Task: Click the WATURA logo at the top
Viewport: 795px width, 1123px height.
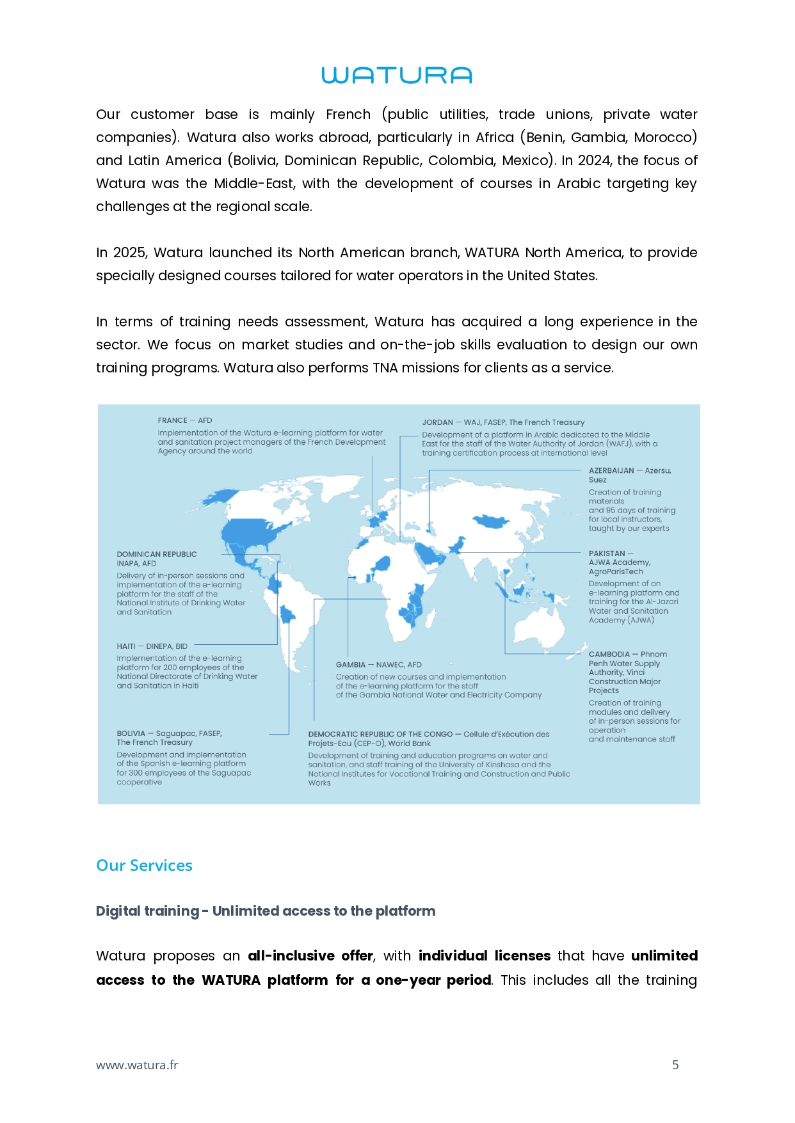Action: (397, 76)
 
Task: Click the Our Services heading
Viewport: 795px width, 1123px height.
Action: (144, 865)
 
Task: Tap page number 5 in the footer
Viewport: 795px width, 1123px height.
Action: (675, 1065)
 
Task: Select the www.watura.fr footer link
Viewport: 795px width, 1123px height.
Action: (137, 1065)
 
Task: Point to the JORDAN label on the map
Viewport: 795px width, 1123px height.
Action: (437, 422)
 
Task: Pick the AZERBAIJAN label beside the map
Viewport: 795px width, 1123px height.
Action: (611, 470)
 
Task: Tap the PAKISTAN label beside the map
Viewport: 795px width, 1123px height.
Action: (607, 554)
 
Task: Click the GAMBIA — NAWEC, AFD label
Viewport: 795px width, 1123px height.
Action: (378, 665)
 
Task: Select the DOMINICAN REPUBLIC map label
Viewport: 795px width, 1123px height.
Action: (156, 554)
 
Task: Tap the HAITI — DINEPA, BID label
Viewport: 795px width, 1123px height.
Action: (152, 646)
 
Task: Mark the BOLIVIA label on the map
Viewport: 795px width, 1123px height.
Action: (131, 733)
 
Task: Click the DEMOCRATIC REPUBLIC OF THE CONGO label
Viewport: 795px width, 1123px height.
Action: (380, 734)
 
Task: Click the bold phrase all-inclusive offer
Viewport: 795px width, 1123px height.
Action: (310, 955)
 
